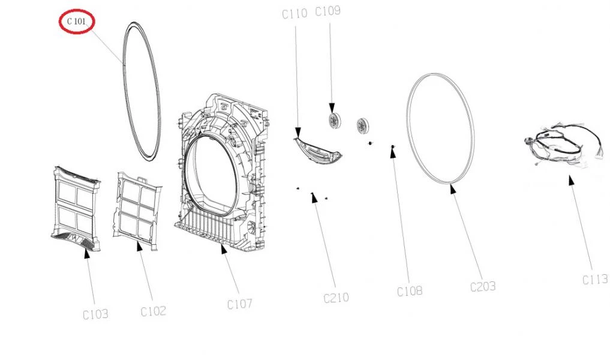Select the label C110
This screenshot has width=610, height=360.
pyautogui.click(x=295, y=14)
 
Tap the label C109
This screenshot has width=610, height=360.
pyautogui.click(x=327, y=11)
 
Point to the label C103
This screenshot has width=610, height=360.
pyautogui.click(x=95, y=313)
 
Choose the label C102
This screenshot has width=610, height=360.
pyautogui.click(x=153, y=311)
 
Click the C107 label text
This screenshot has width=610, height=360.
pyautogui.click(x=239, y=304)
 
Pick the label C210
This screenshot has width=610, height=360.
pyautogui.click(x=336, y=297)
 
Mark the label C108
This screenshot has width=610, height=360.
pyautogui.click(x=409, y=291)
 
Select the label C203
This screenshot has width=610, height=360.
pyautogui.click(x=483, y=286)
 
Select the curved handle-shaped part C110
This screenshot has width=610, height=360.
pyautogui.click(x=317, y=150)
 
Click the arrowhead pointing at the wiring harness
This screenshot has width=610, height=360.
pyautogui.click(x=571, y=179)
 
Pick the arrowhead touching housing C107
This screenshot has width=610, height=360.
pyautogui.click(x=224, y=249)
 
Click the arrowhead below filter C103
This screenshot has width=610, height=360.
pyautogui.click(x=87, y=253)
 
